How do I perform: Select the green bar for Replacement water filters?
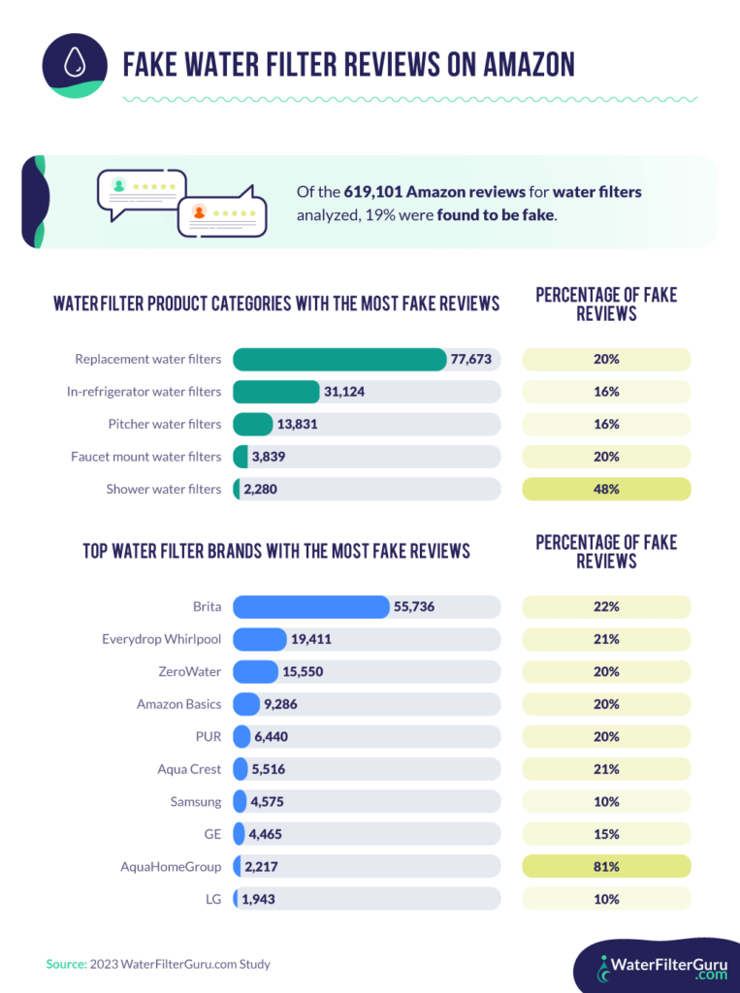pyautogui.click(x=339, y=359)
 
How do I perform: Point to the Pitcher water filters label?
pyautogui.click(x=164, y=424)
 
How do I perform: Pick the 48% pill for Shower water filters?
pyautogui.click(x=606, y=489)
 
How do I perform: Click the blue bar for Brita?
pyautogui.click(x=310, y=607)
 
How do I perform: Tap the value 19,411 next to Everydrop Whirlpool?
pyautogui.click(x=313, y=639)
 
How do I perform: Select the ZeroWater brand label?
pyautogui.click(x=189, y=671)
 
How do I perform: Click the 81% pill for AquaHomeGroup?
pyautogui.click(x=606, y=866)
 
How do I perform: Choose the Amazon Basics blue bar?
pyautogui.click(x=246, y=704)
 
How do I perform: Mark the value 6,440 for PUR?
pyautogui.click(x=273, y=737)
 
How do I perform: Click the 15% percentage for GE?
pyautogui.click(x=606, y=834)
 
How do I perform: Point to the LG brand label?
pyautogui.click(x=212, y=899)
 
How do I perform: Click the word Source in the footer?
pyautogui.click(x=65, y=964)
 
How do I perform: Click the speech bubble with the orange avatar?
pyautogui.click(x=221, y=210)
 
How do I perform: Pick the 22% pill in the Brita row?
pyautogui.click(x=606, y=607)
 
